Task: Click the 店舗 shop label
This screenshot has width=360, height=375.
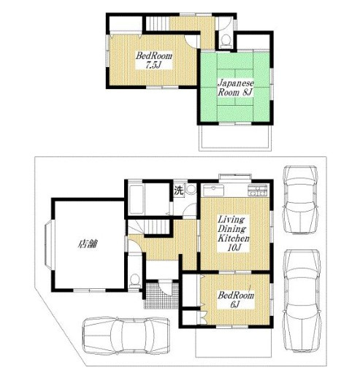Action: [x=88, y=244]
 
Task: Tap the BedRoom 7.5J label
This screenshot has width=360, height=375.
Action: [x=154, y=60]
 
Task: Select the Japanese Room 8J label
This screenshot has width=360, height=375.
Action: [x=236, y=88]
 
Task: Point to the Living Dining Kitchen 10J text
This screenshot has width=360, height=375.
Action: [x=233, y=233]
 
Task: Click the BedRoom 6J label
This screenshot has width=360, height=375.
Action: [x=236, y=300]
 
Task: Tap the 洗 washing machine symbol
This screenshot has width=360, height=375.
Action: [x=179, y=190]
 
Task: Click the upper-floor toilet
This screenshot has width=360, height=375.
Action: [x=226, y=41]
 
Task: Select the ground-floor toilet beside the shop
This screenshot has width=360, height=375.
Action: [x=134, y=282]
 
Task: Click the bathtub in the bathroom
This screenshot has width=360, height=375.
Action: [x=136, y=199]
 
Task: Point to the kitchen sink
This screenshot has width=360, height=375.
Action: [x=213, y=190]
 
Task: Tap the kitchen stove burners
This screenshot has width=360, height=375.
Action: [x=257, y=190]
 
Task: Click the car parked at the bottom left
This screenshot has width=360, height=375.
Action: [x=126, y=336]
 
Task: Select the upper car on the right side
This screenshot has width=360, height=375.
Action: [x=301, y=200]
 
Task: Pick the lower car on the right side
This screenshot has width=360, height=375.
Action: [x=302, y=301]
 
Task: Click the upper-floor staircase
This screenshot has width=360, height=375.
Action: [x=157, y=23]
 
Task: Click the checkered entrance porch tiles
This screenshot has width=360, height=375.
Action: [x=161, y=295]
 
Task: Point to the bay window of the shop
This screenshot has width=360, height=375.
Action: [x=48, y=244]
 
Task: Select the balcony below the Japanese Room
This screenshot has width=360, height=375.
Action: [x=235, y=138]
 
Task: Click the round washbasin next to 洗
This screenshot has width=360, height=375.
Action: [x=191, y=189]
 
